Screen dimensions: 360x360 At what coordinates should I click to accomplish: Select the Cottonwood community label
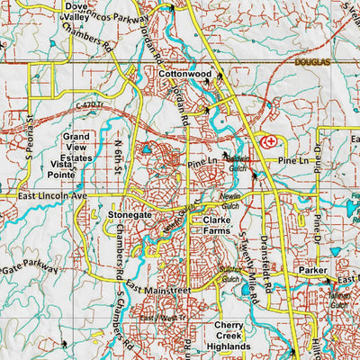tap(184, 73)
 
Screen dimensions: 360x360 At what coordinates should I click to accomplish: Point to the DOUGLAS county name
tap(314, 62)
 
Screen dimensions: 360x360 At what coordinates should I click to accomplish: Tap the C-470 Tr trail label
tap(92, 108)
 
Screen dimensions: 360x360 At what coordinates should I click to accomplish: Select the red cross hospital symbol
tap(267, 142)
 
